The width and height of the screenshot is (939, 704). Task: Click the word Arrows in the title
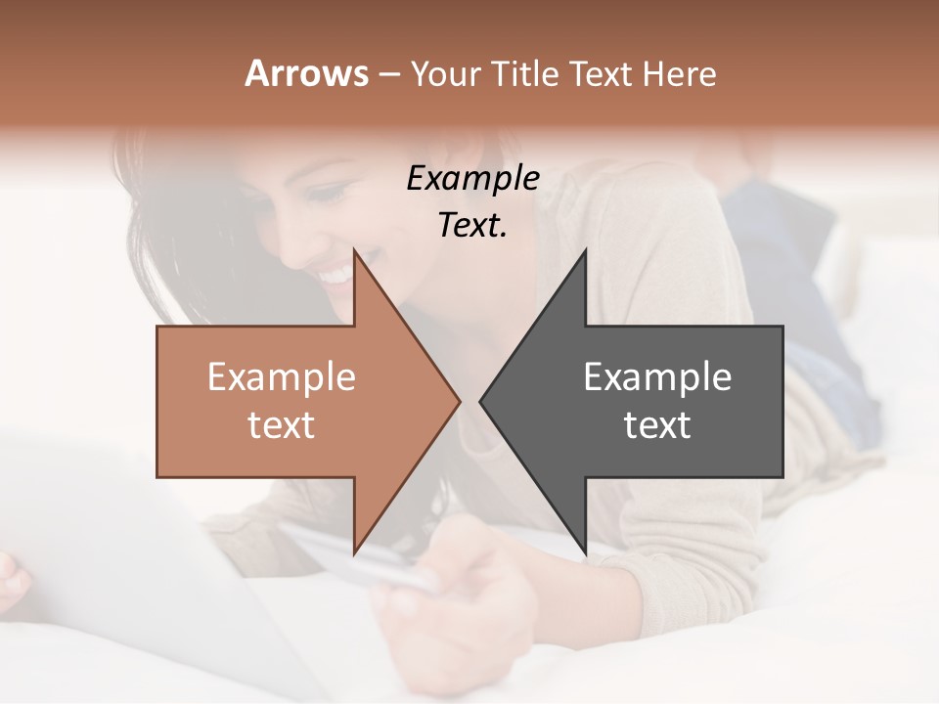[x=307, y=73]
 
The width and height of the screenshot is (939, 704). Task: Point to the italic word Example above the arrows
[x=472, y=179]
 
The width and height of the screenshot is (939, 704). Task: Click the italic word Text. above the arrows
[x=472, y=225]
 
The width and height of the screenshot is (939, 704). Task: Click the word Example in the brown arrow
[x=281, y=377]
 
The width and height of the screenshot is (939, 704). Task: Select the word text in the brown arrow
[x=281, y=425]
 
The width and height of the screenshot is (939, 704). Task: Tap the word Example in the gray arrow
[x=657, y=377]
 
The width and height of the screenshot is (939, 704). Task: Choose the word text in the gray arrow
[x=657, y=425]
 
